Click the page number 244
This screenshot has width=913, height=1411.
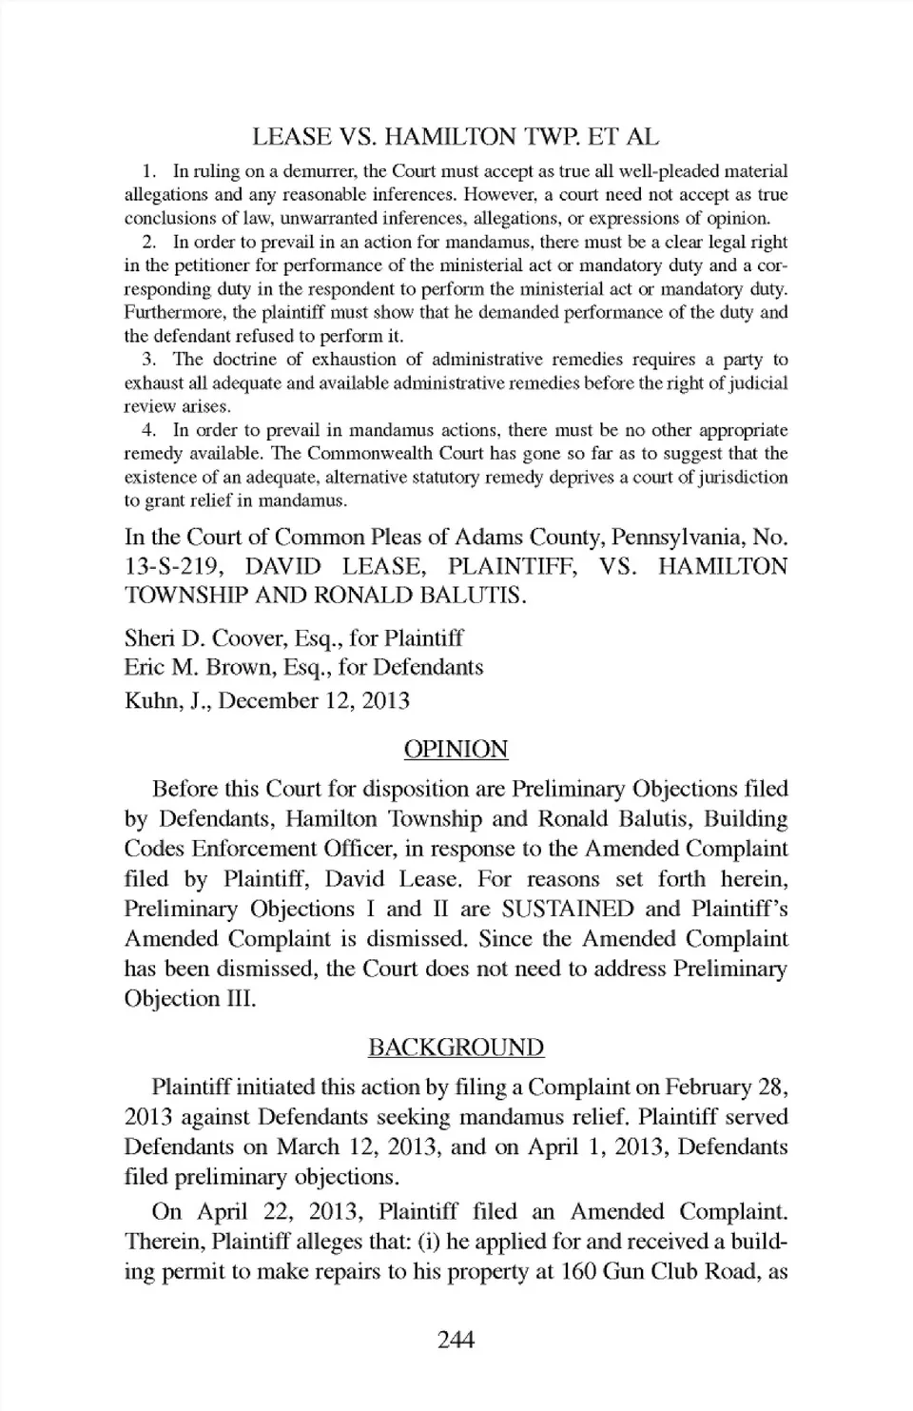point(456,1341)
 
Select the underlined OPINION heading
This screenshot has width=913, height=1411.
point(456,749)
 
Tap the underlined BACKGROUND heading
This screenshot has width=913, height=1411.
point(456,1048)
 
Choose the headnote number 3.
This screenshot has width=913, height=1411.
point(147,360)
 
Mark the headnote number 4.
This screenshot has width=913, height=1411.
point(147,430)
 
